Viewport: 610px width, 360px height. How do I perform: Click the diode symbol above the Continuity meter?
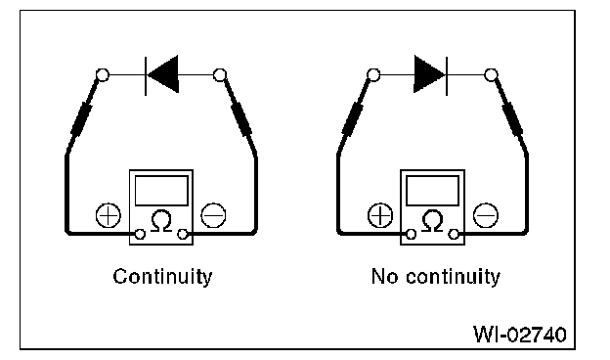(x=162, y=74)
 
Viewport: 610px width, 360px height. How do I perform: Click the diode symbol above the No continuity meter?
(x=431, y=74)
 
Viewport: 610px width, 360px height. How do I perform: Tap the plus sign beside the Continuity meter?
(x=109, y=215)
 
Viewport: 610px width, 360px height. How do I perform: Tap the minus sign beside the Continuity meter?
(x=213, y=215)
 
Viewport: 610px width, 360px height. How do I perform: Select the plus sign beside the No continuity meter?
(x=380, y=215)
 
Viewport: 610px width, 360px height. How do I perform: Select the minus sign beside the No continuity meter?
(x=485, y=215)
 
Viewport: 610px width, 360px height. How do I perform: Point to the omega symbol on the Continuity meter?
(x=161, y=221)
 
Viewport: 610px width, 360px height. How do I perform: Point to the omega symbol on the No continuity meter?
(x=433, y=221)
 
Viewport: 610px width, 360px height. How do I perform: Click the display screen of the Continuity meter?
(x=161, y=191)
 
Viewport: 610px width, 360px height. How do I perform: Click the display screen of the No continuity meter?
(x=433, y=191)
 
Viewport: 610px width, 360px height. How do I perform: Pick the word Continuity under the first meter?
(x=162, y=277)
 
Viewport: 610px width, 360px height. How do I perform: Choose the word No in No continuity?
(x=384, y=276)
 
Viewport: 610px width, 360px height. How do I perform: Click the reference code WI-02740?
(x=520, y=335)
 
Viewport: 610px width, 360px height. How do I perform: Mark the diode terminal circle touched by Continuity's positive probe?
(x=103, y=74)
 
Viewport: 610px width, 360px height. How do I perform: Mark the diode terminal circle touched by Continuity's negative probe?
(x=220, y=74)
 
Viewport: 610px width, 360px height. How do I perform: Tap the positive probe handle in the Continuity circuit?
(x=82, y=118)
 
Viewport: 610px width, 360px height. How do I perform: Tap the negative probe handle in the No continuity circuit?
(x=512, y=118)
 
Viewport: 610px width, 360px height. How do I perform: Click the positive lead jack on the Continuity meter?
(x=140, y=234)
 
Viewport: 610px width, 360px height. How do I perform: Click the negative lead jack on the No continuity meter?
(x=454, y=234)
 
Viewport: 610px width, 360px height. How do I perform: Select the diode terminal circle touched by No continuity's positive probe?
(x=373, y=74)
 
